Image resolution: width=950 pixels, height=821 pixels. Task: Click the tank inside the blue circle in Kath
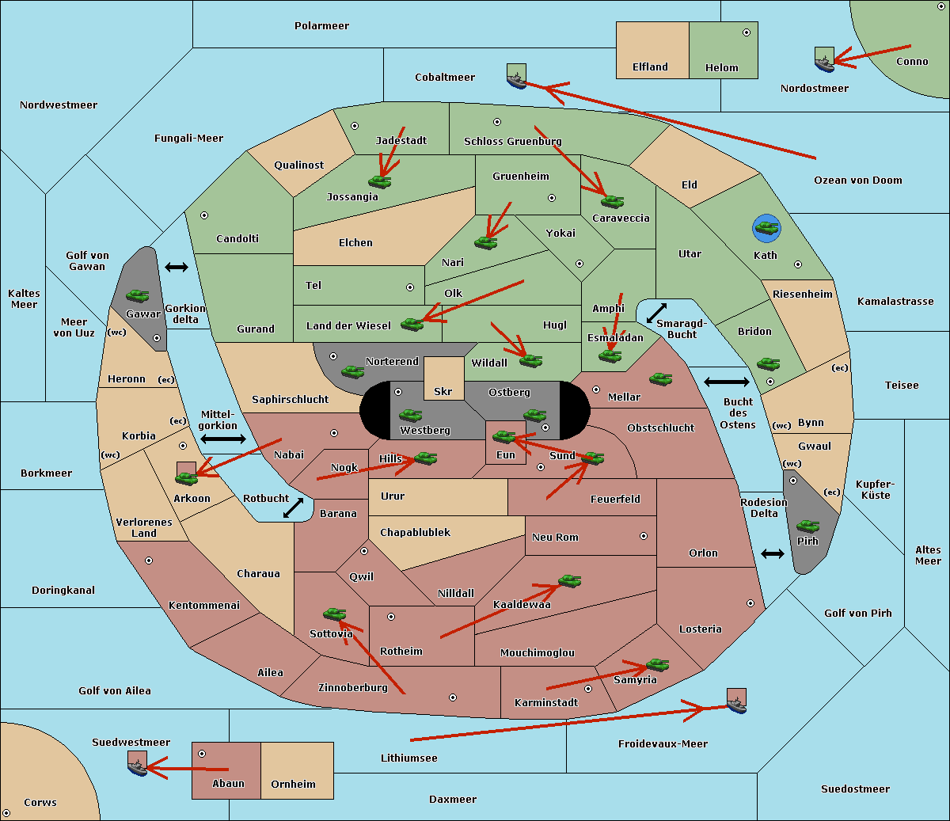point(766,227)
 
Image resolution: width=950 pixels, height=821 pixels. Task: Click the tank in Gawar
point(138,295)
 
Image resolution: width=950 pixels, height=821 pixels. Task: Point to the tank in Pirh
point(807,526)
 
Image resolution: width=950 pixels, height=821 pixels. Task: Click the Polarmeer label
point(321,26)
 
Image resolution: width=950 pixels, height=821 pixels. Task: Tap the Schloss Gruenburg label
point(513,141)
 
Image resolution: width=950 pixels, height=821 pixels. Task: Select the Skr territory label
point(443,391)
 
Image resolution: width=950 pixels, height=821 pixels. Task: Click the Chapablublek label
point(415,532)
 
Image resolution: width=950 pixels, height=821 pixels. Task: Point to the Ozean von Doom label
point(858,181)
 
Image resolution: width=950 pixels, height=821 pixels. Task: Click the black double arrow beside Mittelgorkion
point(223,439)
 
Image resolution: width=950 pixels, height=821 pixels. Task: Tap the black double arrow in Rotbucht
point(294,508)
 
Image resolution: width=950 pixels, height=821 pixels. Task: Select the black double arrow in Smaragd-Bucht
point(656,313)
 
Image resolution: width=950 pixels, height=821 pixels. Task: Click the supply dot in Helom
point(747,32)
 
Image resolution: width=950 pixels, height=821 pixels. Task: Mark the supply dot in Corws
point(6,813)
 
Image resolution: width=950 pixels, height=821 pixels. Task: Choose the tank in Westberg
point(410,415)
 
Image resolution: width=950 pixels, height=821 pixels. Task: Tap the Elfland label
point(650,67)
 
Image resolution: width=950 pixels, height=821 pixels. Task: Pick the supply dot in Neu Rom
point(644,536)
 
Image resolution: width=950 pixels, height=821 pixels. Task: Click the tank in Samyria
point(657,665)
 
